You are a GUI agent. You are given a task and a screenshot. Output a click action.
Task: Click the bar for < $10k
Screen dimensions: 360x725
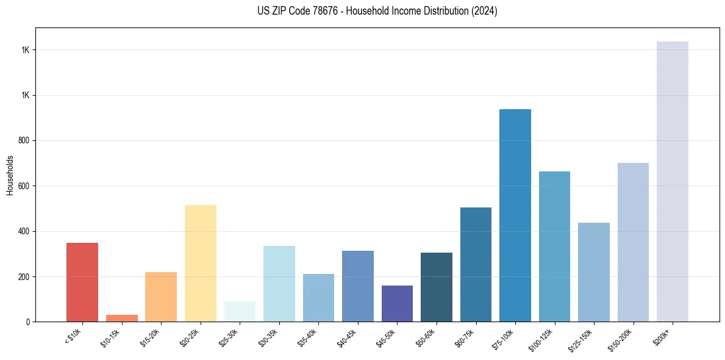[x=82, y=282]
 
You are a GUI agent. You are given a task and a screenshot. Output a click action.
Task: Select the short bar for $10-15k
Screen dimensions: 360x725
[x=121, y=318]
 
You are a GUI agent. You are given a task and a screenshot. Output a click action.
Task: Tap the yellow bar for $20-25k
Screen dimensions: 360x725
[x=200, y=263]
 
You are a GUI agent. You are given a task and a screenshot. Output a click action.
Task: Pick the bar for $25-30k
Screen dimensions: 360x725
[x=240, y=311]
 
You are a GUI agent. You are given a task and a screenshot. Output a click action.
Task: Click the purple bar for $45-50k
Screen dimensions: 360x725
[x=397, y=303]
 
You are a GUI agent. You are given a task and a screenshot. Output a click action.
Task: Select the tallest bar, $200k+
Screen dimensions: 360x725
[x=673, y=181]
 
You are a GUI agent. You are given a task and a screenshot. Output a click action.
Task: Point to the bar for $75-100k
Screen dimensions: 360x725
[x=515, y=215]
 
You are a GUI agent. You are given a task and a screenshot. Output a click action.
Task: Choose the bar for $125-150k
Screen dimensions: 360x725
[x=594, y=272]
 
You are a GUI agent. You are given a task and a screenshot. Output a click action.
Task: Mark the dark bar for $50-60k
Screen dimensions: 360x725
[x=437, y=287]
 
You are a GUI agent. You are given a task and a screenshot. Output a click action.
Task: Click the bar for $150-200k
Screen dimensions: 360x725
[x=633, y=242]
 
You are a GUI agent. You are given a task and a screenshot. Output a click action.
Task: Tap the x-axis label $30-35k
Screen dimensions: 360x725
[x=268, y=337]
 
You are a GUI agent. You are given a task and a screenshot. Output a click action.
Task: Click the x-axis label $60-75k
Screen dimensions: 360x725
[x=465, y=337]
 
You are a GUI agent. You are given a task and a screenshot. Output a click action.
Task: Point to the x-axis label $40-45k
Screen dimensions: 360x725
[x=347, y=337]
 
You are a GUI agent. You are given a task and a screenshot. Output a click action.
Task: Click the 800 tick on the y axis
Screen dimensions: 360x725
[x=24, y=140]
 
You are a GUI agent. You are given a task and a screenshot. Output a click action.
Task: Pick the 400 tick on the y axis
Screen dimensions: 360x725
[x=24, y=231]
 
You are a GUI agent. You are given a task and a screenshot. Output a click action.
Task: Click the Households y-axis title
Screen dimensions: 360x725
[x=10, y=175]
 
